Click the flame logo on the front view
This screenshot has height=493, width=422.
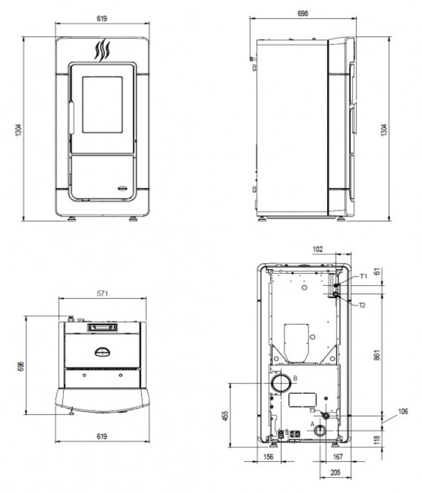point(103,50)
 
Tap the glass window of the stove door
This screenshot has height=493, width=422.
point(102,105)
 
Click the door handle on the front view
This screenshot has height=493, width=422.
point(71,118)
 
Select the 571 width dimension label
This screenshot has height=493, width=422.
point(102,293)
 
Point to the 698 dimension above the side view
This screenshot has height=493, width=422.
point(303,14)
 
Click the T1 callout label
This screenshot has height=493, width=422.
point(364,276)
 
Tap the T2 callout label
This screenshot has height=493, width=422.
point(362,305)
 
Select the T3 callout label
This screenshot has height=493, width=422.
point(312,410)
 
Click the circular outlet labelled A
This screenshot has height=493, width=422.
point(320,431)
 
